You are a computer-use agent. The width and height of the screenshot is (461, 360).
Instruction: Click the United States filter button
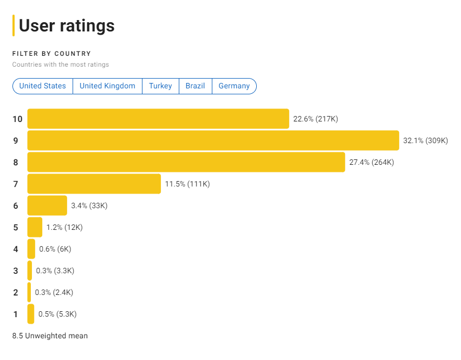42,86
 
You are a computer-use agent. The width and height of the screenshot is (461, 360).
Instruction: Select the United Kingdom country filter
107,86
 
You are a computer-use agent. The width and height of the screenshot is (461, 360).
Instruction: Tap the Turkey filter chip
160,86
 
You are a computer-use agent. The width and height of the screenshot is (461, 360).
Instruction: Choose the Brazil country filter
195,86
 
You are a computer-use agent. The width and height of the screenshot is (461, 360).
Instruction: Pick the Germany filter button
234,86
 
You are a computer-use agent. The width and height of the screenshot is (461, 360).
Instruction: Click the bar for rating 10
158,119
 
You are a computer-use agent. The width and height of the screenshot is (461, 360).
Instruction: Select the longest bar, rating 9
213,140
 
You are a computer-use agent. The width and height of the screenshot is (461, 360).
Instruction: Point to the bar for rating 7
94,184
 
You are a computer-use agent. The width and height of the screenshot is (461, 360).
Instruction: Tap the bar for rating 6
47,205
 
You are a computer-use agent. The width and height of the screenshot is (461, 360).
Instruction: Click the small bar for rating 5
35,227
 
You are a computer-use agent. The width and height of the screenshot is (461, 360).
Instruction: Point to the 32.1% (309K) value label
426,140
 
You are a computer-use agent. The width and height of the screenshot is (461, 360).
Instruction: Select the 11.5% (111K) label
187,184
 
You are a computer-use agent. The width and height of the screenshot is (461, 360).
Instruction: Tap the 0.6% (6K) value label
55,249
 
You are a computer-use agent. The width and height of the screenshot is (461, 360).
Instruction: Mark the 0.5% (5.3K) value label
57,314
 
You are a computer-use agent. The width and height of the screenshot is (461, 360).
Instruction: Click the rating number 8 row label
16,162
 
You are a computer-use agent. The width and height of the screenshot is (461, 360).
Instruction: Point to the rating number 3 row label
16,271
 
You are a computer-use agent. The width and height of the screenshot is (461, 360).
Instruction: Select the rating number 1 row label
16,314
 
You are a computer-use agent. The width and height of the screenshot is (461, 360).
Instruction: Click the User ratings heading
67,25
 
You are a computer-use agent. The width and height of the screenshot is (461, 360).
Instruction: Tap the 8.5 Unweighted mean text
50,336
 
